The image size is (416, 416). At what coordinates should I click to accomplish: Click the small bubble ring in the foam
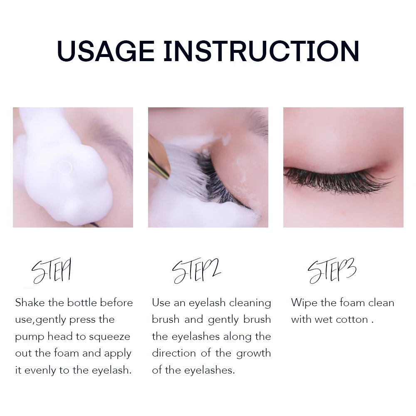pyautogui.click(x=65, y=168)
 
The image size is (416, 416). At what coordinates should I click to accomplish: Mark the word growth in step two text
pyautogui.click(x=253, y=354)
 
